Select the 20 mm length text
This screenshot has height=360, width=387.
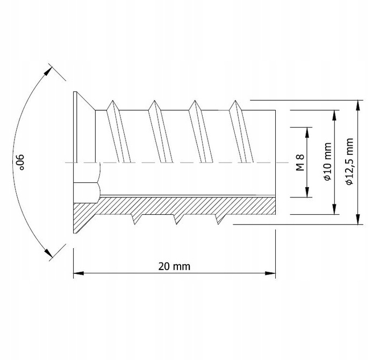(x=175, y=266)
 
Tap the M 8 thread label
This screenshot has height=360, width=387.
(x=300, y=163)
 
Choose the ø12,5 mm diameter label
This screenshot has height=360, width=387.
(x=350, y=163)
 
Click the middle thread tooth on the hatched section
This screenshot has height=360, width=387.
(x=176, y=219)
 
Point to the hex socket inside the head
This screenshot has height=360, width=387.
(x=86, y=182)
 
